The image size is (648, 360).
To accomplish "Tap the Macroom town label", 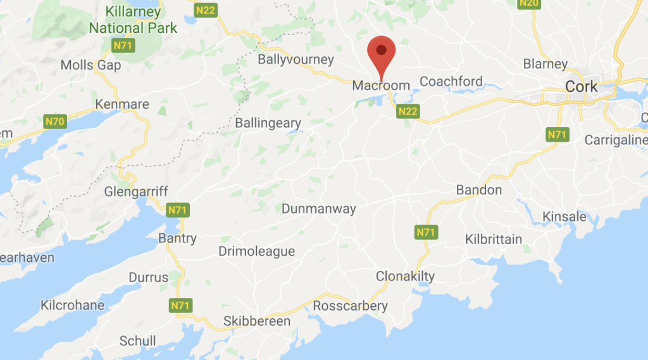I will click(381, 85).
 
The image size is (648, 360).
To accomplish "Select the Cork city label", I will click(582, 87).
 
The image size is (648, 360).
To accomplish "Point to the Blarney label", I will click(545, 64).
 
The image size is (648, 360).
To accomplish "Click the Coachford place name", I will click(451, 82).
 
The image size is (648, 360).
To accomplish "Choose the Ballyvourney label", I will click(296, 60).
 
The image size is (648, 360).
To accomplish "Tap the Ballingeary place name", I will click(268, 123).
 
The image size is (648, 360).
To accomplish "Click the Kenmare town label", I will click(121, 104).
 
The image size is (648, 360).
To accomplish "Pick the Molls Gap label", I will click(90, 65).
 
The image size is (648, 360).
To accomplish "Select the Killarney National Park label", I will click(125, 20).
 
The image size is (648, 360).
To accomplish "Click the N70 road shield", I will click(55, 121).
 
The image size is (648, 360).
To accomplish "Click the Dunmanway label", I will click(319, 209).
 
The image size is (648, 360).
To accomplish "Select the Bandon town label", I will click(479, 190).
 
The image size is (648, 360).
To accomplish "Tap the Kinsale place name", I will click(564, 216).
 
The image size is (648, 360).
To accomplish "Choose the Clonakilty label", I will click(405, 276).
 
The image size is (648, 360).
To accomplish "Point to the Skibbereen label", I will click(257, 321).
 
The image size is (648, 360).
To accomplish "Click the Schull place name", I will click(137, 341).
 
